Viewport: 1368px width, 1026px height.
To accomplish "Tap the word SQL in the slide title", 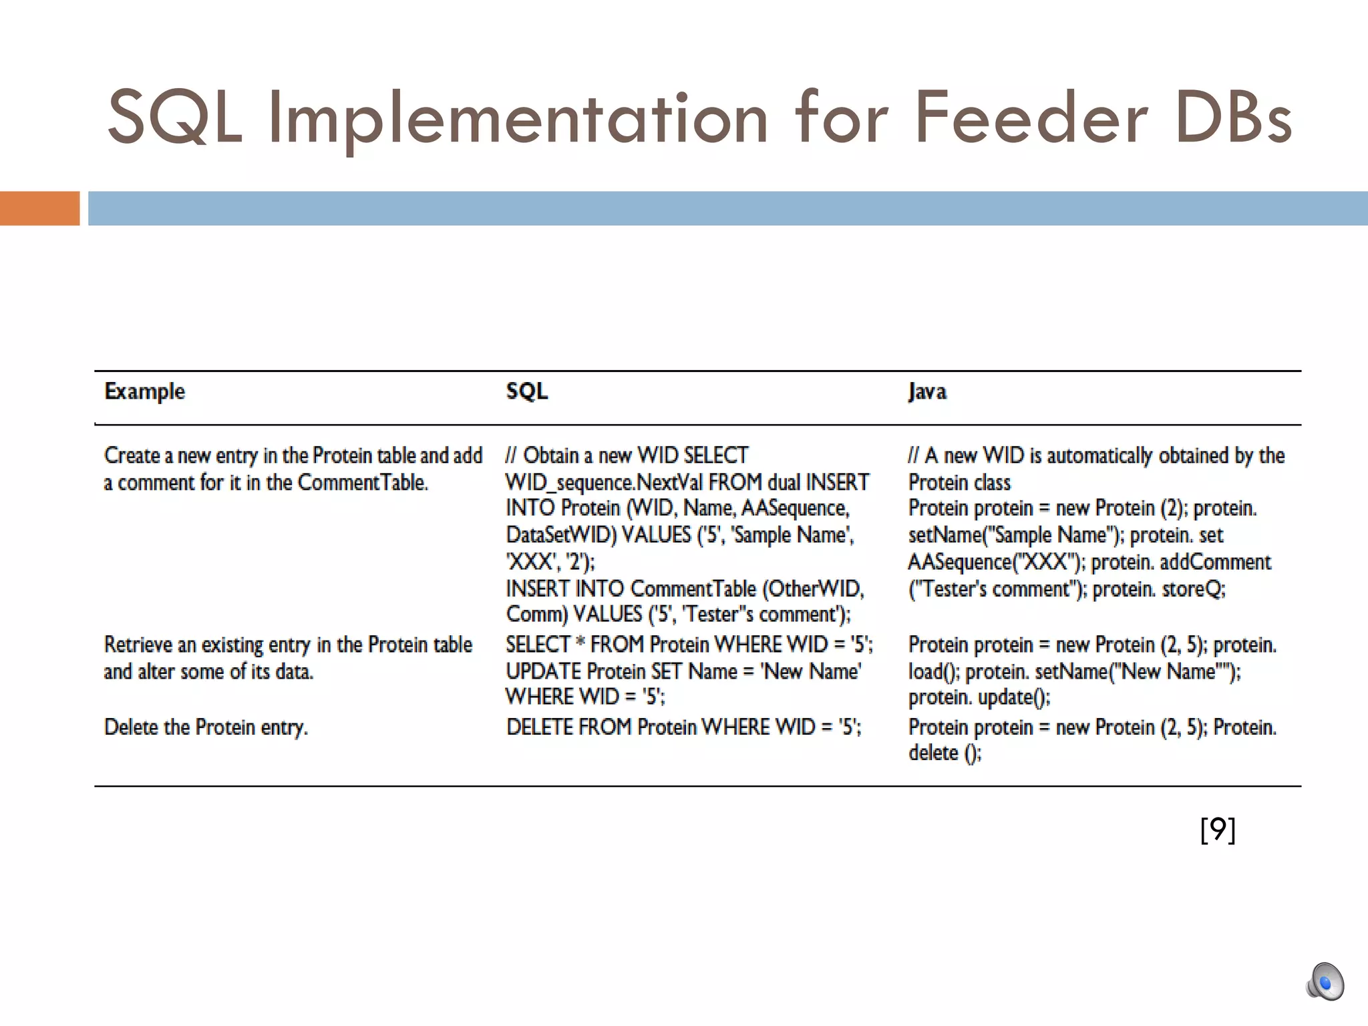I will [175, 118].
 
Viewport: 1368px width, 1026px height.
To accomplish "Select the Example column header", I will [144, 391].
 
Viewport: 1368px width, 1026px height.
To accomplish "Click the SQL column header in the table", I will [526, 391].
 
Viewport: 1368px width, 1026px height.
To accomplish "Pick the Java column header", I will [927, 391].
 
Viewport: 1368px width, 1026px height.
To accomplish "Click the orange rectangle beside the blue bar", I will [39, 208].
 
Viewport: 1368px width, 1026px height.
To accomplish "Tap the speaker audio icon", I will [1325, 983].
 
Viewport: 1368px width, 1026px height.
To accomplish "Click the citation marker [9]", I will [1218, 830].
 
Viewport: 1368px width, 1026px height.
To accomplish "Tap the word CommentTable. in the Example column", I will [362, 482].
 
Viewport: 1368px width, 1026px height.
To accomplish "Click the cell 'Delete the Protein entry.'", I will [206, 727].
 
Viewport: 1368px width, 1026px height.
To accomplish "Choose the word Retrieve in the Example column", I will [138, 645].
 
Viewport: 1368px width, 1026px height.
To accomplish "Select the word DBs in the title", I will [1233, 118].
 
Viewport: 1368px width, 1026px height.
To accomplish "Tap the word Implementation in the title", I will [518, 118].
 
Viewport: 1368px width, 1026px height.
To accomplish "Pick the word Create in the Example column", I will [132, 456].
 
